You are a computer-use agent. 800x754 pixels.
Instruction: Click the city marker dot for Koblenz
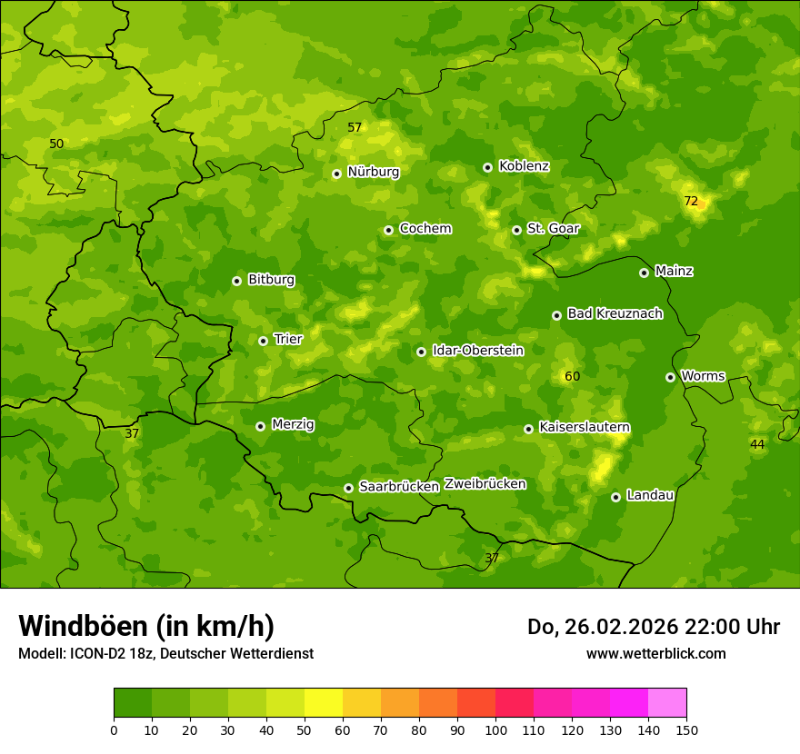tap(487, 167)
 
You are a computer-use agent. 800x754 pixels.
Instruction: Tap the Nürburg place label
tap(373, 172)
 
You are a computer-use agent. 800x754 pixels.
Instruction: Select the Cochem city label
tap(425, 229)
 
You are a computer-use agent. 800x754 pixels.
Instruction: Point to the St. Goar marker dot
tap(516, 230)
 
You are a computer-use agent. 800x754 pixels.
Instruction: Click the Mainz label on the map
tap(674, 271)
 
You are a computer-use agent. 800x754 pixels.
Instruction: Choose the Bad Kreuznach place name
tap(615, 314)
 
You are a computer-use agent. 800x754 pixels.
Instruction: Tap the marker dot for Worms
tap(670, 377)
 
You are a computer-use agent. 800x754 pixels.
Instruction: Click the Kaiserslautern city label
tap(585, 427)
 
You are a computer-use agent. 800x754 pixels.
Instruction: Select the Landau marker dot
tap(615, 497)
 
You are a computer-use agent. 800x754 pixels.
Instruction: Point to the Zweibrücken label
tap(485, 484)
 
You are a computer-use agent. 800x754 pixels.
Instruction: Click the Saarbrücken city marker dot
tap(348, 488)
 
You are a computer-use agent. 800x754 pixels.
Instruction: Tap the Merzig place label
tap(293, 424)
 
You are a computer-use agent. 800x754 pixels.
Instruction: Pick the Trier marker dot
tap(263, 341)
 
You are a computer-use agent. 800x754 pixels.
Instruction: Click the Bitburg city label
tap(271, 280)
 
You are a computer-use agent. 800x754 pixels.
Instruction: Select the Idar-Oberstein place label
tap(477, 351)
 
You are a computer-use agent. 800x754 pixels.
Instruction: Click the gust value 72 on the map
tap(691, 201)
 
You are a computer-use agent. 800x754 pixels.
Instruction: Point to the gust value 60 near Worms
tap(572, 377)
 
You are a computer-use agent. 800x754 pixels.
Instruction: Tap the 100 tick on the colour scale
tap(495, 729)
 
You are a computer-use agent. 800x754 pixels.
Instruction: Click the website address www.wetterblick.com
tap(655, 654)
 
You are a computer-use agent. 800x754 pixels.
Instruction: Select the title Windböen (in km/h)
tap(146, 626)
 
